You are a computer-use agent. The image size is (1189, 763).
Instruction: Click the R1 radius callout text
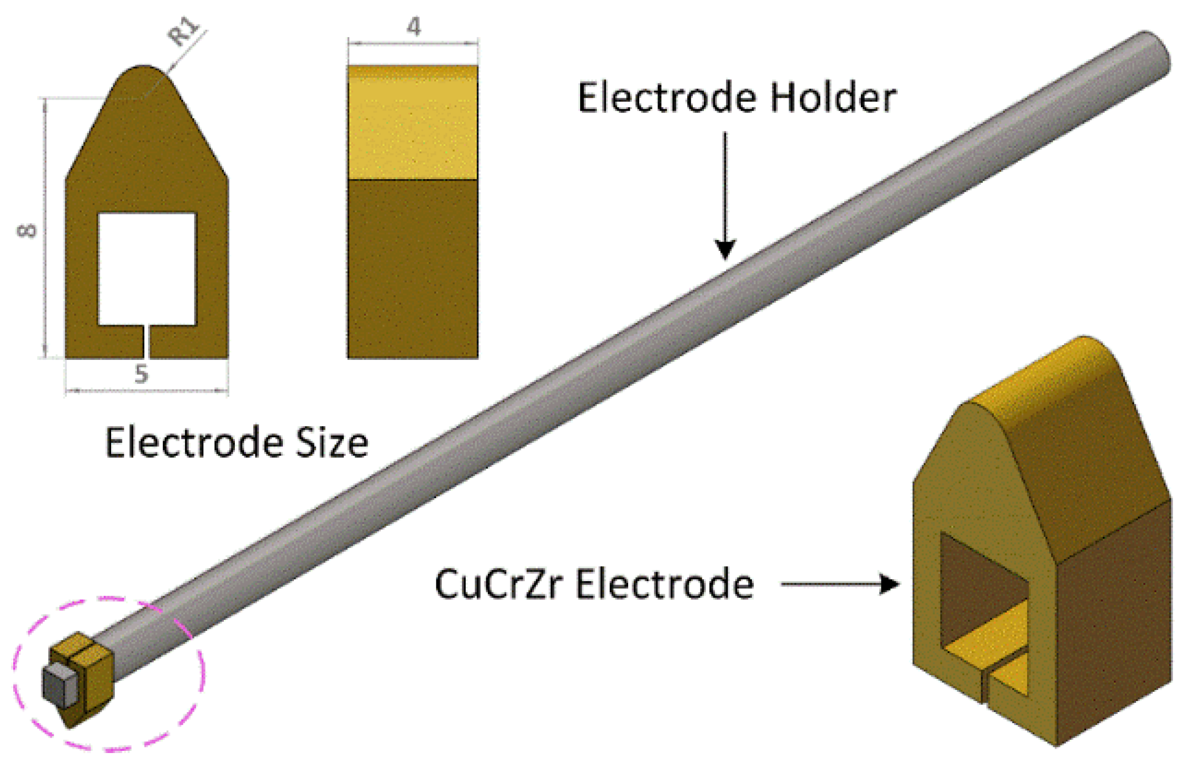pos(184,32)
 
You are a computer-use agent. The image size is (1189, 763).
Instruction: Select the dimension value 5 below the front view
pos(141,374)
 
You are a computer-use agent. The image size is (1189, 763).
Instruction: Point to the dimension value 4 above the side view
pos(413,26)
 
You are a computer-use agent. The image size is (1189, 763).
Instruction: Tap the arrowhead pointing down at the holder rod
pos(725,250)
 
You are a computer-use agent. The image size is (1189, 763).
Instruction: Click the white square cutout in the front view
pos(147,269)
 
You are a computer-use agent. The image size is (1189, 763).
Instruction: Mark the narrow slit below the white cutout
pos(146,342)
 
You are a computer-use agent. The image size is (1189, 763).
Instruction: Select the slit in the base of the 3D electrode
pos(985,686)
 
